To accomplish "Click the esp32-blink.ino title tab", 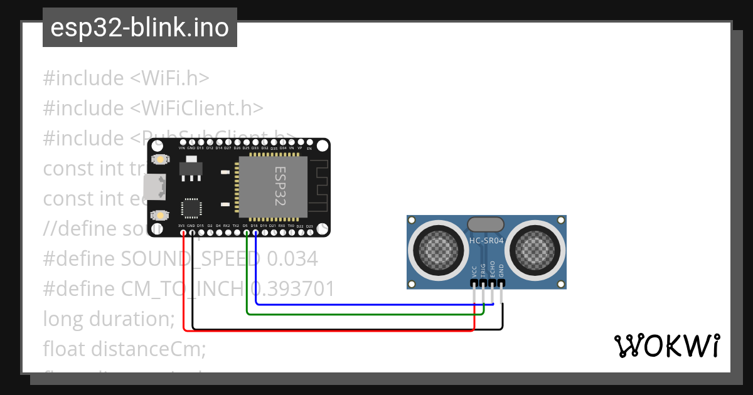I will (x=139, y=28).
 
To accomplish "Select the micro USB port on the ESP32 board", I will (x=154, y=187).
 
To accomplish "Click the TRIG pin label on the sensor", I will (x=483, y=270).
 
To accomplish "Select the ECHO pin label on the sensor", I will (x=492, y=269).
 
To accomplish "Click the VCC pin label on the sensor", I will (x=474, y=271).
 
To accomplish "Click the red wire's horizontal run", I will (x=326, y=331).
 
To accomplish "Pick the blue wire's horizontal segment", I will (x=376, y=305).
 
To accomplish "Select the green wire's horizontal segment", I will (x=364, y=313).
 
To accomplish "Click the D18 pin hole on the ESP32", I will (x=254, y=233).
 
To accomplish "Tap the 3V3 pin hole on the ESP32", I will (x=183, y=233).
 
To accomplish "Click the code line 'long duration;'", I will (x=109, y=319).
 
